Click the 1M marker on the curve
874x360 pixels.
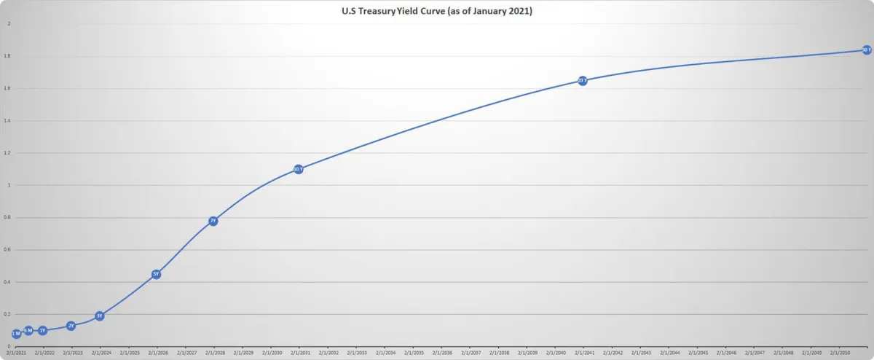[x=16, y=334]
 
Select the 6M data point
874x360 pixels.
[x=28, y=331]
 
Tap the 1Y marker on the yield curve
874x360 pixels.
[x=42, y=331]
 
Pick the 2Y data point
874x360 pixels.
[x=71, y=326]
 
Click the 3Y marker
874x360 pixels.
[x=100, y=316]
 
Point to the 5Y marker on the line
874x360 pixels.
[x=156, y=274]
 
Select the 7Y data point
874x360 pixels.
[x=213, y=221]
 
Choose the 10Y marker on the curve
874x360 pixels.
[x=298, y=169]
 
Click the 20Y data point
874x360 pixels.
[x=583, y=80]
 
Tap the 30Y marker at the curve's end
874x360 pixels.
[x=866, y=50]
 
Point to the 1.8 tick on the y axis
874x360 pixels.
[x=9, y=56]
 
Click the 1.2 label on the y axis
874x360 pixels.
[x=9, y=153]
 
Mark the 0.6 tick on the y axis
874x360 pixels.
[x=9, y=250]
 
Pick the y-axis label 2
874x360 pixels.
[x=9, y=24]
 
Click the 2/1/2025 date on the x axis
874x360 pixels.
[x=128, y=353]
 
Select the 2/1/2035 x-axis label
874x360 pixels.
[x=412, y=353]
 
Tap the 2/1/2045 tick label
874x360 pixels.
[x=697, y=353]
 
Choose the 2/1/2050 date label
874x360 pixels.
[x=839, y=353]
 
